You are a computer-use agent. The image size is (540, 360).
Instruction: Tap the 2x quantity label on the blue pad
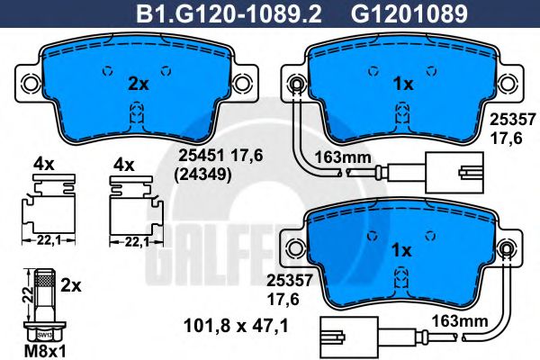[x=138, y=84]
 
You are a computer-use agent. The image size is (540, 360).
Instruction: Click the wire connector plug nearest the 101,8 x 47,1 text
[x=339, y=340]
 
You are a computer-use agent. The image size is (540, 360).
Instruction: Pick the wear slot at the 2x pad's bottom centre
[x=138, y=114]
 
